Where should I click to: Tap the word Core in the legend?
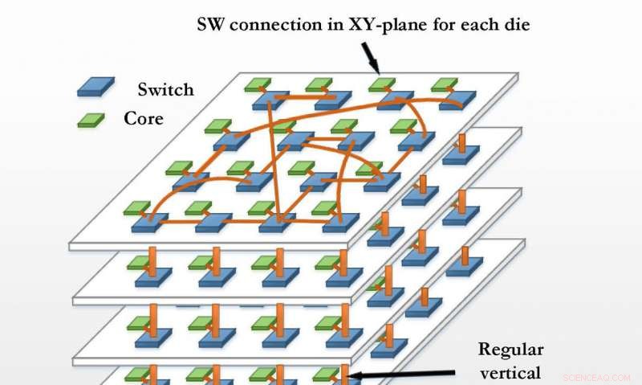[145, 118]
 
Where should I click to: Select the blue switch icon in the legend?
[95, 85]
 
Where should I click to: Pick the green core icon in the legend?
[90, 120]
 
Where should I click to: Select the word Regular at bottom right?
[511, 349]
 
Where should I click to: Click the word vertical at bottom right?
[511, 372]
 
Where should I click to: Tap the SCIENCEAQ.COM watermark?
[597, 376]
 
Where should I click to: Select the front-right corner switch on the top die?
[340, 221]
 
